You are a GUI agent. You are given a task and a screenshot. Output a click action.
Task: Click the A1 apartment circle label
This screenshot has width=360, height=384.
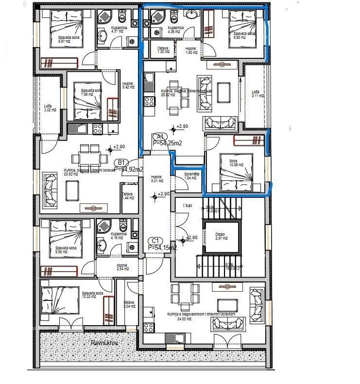pos(160,137)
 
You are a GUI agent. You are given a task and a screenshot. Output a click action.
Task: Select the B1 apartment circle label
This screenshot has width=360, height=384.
pos(120,163)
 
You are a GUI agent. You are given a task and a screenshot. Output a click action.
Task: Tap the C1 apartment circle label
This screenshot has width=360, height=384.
pos(155,241)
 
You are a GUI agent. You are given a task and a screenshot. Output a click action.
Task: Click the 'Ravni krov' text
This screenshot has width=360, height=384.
pos(105,343)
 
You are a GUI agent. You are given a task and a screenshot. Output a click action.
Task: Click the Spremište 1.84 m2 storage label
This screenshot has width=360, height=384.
pos(190,175)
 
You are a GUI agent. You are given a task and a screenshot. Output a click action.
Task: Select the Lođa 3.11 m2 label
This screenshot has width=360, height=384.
pos(257,94)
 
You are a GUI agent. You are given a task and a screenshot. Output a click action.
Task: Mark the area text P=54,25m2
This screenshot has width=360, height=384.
pos(167,143)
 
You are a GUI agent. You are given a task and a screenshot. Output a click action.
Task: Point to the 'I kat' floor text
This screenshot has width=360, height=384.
pos(188,206)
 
